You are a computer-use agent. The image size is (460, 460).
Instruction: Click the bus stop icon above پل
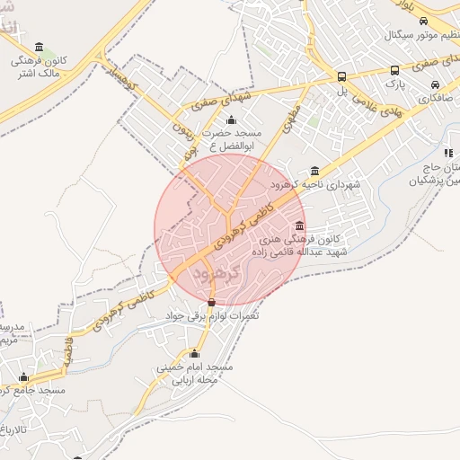341,76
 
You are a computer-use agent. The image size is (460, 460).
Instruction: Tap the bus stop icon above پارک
394,70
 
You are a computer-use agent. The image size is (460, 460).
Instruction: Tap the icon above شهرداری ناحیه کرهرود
314,171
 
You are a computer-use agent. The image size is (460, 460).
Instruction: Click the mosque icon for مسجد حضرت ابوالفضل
232,120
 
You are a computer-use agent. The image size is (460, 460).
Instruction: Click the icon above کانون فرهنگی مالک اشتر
38,48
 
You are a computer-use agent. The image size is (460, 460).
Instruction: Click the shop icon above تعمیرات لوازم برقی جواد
211,302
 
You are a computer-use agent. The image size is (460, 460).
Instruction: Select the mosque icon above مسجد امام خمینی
194,353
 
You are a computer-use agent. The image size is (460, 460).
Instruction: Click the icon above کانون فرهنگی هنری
298,226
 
